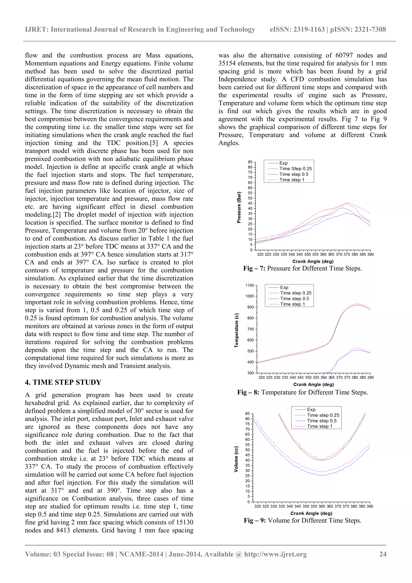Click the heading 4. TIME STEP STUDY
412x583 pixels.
(63, 382)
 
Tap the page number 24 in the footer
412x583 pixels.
(383, 554)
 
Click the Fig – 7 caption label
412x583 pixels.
(254, 268)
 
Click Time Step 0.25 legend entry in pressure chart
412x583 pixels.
(296, 169)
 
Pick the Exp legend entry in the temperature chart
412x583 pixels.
(284, 287)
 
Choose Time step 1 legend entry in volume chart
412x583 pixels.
(319, 426)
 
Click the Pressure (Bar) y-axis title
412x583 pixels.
(239, 207)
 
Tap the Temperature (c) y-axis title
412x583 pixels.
(237, 330)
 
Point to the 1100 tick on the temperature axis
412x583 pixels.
(249, 285)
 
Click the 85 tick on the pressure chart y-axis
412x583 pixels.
(250, 162)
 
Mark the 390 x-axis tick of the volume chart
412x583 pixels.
(370, 506)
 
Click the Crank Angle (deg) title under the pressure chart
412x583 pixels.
(313, 261)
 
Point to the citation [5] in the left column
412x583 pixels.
(154, 143)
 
